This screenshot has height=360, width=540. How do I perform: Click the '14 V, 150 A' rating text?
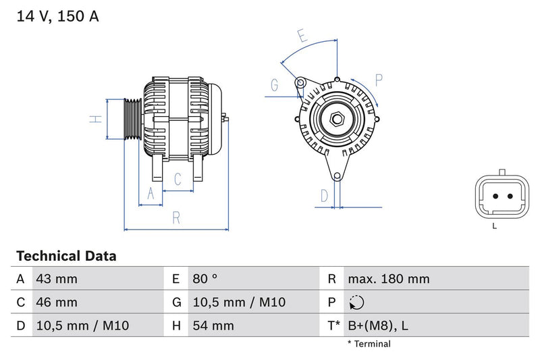coord(57,16)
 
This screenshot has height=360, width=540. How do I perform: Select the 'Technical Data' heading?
coord(66,256)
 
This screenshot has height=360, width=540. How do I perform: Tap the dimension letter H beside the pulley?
coord(97,119)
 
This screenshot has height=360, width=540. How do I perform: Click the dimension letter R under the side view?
coord(175,217)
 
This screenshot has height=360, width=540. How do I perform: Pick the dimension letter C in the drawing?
coord(178,180)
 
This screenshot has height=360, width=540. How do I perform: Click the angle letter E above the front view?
coord(303,36)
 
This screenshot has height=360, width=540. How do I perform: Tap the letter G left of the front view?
coord(275,85)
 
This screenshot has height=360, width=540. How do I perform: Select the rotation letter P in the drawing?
coord(379,80)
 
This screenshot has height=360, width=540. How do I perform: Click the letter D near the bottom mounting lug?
coord(325,196)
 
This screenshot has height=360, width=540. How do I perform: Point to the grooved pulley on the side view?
coord(132,120)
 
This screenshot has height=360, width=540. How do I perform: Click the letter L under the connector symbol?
coord(494,226)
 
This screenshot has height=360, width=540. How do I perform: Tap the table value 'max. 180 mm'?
coord(388,279)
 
